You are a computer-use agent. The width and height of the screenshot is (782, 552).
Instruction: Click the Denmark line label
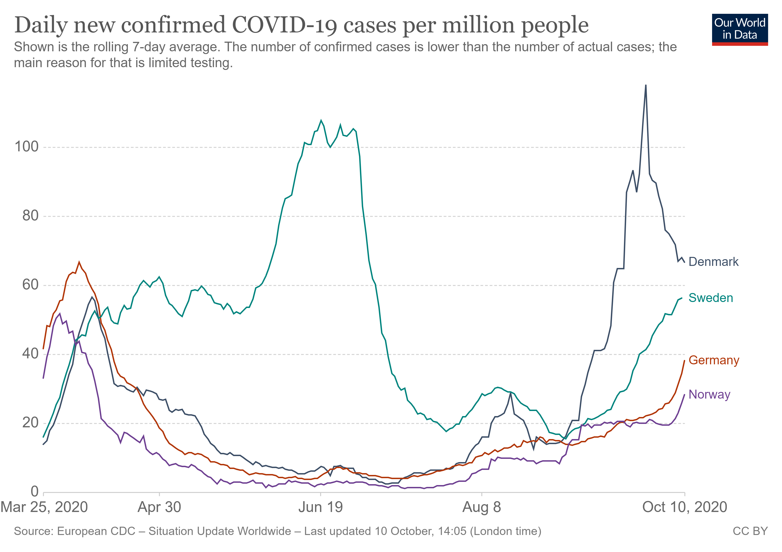pyautogui.click(x=713, y=262)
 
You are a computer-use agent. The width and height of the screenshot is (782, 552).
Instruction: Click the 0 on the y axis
pyautogui.click(x=34, y=492)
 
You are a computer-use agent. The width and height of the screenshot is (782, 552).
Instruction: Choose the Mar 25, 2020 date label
pyautogui.click(x=44, y=507)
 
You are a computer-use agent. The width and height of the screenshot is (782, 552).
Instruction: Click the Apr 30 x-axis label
pyautogui.click(x=159, y=507)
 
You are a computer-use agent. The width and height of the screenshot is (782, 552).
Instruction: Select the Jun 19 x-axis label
pyautogui.click(x=320, y=507)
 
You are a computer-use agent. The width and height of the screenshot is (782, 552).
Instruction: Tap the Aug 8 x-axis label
pyautogui.click(x=482, y=507)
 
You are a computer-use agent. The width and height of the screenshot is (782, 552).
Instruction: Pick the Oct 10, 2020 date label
pyautogui.click(x=684, y=507)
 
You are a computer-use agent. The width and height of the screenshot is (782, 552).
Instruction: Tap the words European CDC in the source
pyautogui.click(x=96, y=531)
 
